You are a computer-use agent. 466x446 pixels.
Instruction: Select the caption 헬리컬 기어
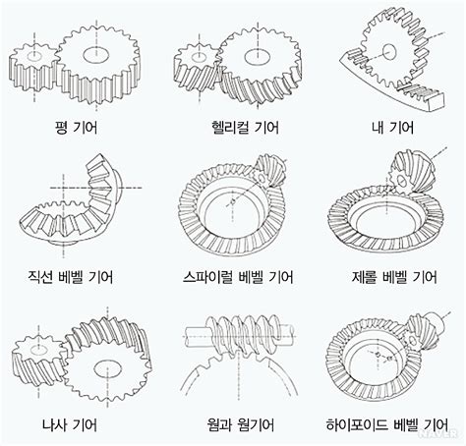pyautogui.click(x=233, y=128)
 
